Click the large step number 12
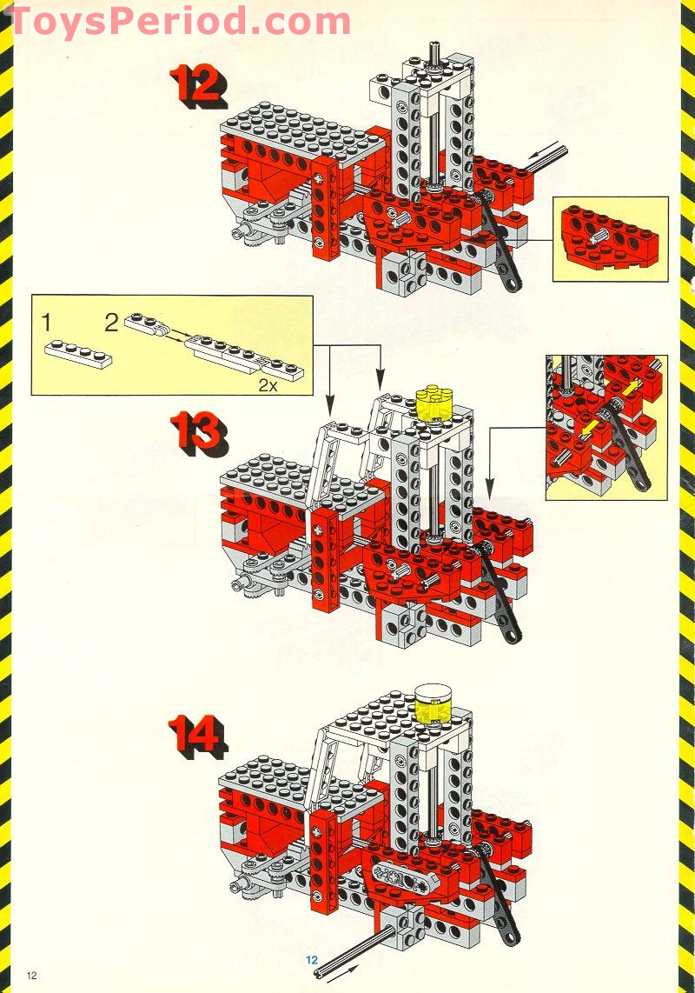click(199, 86)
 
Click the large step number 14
click(197, 737)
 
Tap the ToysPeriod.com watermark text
click(181, 20)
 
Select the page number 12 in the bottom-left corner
click(31, 975)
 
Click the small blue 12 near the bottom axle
click(311, 959)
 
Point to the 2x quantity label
click(268, 384)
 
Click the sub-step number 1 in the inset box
click(45, 323)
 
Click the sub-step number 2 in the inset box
click(111, 323)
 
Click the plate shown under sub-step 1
click(78, 354)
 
